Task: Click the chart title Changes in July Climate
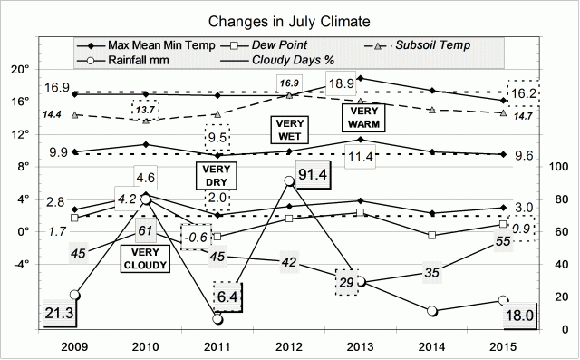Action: coord(289,20)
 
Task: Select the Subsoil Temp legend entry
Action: coord(425,44)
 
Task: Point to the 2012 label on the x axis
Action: coord(289,347)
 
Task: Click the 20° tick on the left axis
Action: coord(21,69)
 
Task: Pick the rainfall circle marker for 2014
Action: coord(432,311)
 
